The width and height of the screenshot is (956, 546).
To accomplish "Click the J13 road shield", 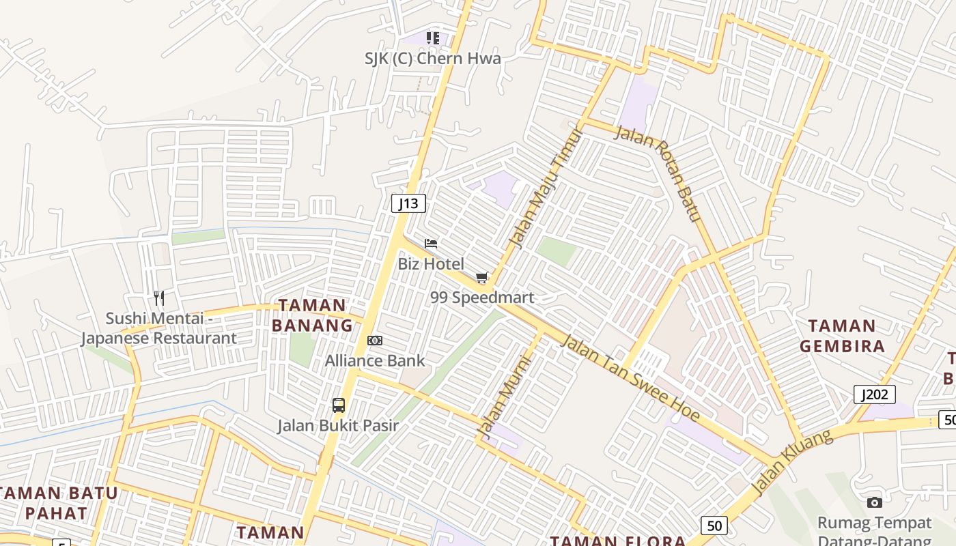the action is tap(409, 203).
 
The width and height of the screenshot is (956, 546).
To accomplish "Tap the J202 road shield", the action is tap(874, 394).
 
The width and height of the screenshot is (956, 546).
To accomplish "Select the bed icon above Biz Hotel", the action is tap(431, 244).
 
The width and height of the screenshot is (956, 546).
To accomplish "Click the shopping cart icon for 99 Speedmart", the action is tap(482, 277).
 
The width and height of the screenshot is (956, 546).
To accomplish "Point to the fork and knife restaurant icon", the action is tap(159, 298).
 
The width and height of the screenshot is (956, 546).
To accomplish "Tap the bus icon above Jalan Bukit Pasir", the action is tap(339, 405).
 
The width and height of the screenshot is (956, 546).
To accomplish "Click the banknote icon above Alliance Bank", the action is tap(375, 341).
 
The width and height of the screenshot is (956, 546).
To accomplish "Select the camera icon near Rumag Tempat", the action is tap(874, 503).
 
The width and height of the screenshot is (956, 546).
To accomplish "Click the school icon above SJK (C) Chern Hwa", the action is tap(432, 38).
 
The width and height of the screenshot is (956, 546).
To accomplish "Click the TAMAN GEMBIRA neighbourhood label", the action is tap(842, 336).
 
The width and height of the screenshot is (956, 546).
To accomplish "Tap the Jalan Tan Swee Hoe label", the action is tap(630, 377).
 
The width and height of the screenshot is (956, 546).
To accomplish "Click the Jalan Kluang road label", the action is tap(792, 462).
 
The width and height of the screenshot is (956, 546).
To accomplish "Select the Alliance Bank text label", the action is tap(375, 360).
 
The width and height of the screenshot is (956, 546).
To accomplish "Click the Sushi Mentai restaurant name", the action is tap(158, 328).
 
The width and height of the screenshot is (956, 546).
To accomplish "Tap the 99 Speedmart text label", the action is tap(482, 298).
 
